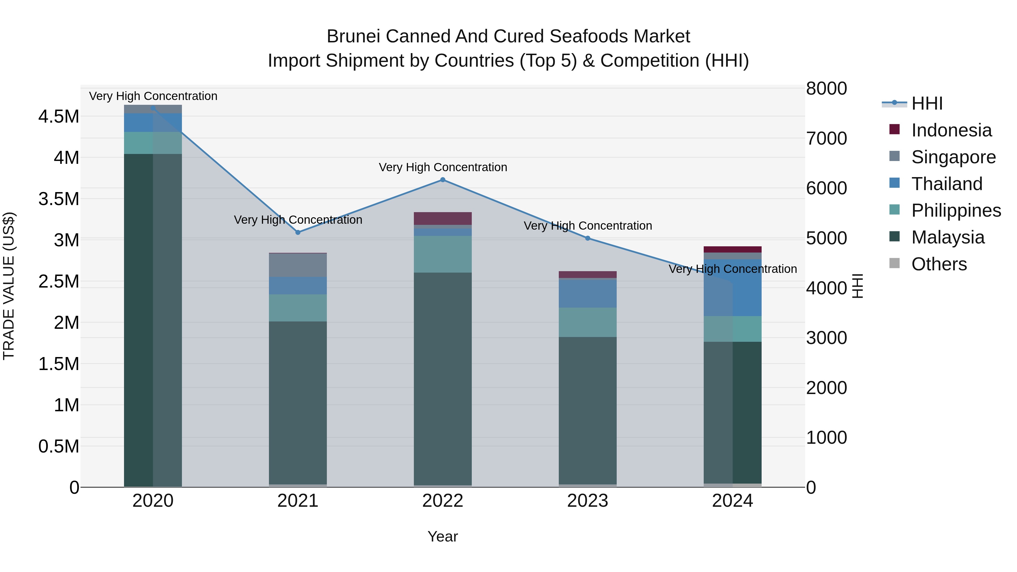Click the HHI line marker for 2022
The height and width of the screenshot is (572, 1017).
pyautogui.click(x=443, y=180)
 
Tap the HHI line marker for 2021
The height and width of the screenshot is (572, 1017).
pyautogui.click(x=298, y=232)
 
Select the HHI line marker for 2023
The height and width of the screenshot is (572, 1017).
pyautogui.click(x=588, y=238)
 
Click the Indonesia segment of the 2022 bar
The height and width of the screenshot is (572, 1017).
pyautogui.click(x=443, y=218)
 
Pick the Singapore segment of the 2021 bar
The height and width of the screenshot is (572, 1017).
pyautogui.click(x=298, y=265)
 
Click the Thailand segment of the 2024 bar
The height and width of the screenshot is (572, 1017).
pyautogui.click(x=733, y=288)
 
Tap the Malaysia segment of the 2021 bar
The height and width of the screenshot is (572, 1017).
pyautogui.click(x=298, y=403)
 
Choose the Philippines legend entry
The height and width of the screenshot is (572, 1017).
pyautogui.click(x=956, y=210)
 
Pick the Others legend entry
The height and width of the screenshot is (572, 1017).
pyautogui.click(x=939, y=264)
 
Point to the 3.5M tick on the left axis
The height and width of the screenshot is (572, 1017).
pyautogui.click(x=59, y=199)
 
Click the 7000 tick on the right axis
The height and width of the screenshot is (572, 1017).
pyautogui.click(x=826, y=139)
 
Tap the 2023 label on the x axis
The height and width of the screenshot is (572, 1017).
pyautogui.click(x=588, y=501)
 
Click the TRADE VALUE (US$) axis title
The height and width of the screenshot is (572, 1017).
pyautogui.click(x=9, y=286)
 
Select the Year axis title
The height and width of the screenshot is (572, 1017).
pyautogui.click(x=443, y=536)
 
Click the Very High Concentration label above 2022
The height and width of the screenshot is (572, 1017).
pyautogui.click(x=443, y=168)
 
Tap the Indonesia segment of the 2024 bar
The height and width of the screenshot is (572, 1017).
pyautogui.click(x=733, y=249)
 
